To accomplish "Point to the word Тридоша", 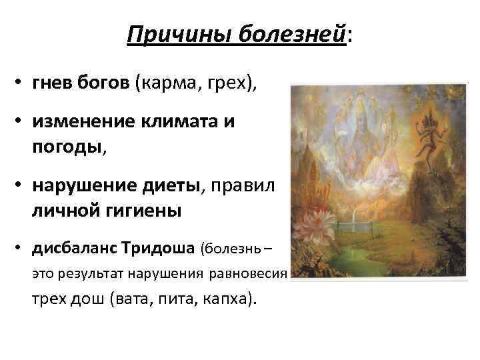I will pos(161,249).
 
